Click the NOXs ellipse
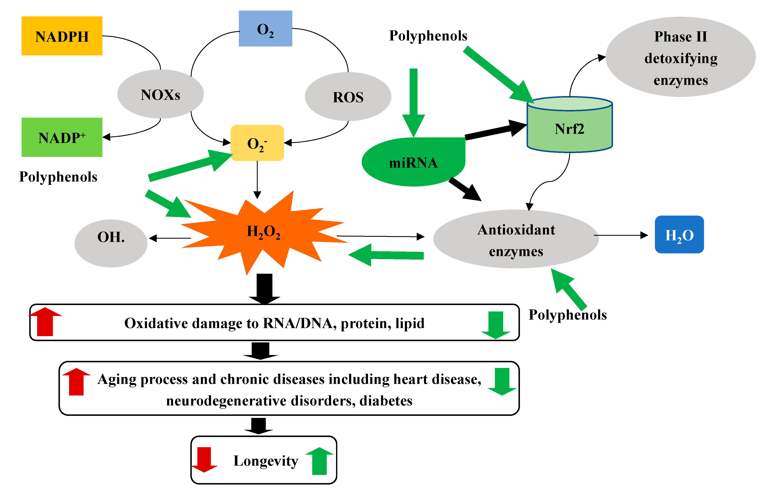click(160, 94)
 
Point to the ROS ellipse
click(348, 96)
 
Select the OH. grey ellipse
click(111, 243)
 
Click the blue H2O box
click(679, 234)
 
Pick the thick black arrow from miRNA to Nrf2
click(495, 130)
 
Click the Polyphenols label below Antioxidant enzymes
click(567, 315)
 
